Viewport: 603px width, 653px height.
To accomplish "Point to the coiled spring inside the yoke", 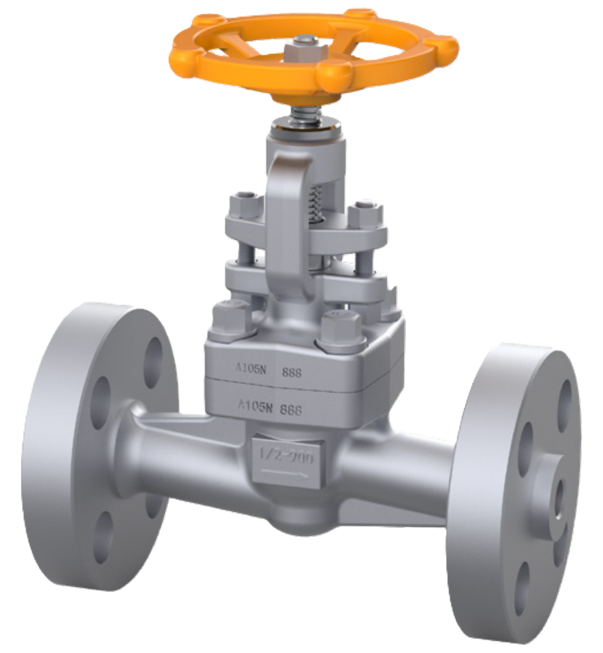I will (317, 202).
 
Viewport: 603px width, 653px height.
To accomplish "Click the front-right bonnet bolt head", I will (340, 330).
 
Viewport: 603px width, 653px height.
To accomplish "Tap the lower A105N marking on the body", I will (253, 406).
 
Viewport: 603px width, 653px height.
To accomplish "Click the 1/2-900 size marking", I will (286, 454).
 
